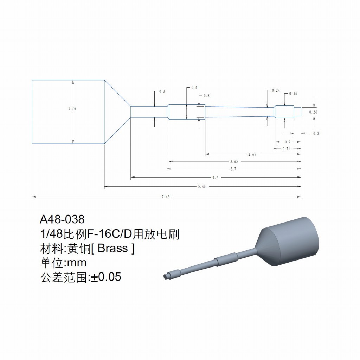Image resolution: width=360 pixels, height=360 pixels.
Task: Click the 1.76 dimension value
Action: tap(72, 108)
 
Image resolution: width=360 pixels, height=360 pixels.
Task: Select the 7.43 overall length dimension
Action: tap(166, 197)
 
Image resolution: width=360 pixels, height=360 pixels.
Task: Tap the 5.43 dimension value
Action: tap(202, 186)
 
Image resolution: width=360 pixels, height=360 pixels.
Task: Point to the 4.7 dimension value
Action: tap(215, 177)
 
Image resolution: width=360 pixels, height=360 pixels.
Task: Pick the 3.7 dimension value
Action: tap(233, 169)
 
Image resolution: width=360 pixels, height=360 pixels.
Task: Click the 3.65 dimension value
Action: tap(234, 161)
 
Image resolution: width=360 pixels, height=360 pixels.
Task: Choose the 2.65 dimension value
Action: tap(252, 154)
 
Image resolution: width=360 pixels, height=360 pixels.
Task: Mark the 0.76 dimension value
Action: tap(286, 149)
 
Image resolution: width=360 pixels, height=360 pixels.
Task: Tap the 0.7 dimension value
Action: tap(288, 142)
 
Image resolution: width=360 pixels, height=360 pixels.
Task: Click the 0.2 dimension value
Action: tap(316, 133)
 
